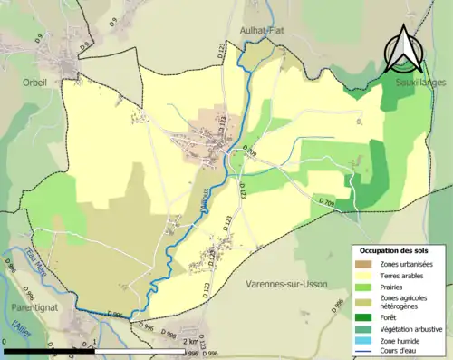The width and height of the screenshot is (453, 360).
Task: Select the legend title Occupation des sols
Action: click(396, 249)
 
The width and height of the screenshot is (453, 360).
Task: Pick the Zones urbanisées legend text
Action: click(406, 264)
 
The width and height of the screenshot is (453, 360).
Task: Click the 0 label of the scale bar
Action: click(6, 342)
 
